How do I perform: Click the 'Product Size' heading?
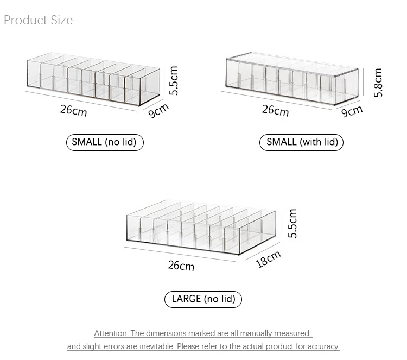pos(38,20)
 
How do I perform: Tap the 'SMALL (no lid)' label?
pos(105,142)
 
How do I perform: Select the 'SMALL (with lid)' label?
pos(301,142)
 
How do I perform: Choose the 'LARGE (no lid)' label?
pos(203,299)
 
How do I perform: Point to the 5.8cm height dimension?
pos(378,83)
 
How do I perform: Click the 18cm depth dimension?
pos(269,259)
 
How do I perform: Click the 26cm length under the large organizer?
pos(181,266)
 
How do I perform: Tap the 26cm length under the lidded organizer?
pos(275,111)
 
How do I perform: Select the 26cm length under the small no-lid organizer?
pos(73,110)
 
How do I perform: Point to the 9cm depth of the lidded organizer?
pos(352,111)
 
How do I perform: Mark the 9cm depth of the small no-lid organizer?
pos(158,111)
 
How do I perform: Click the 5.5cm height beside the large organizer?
pos(292,223)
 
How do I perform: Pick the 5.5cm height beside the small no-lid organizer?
pos(174,80)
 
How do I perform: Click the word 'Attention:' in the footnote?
pos(111,333)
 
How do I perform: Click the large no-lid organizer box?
pos(201,227)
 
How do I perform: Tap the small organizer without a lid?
pos(93,79)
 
